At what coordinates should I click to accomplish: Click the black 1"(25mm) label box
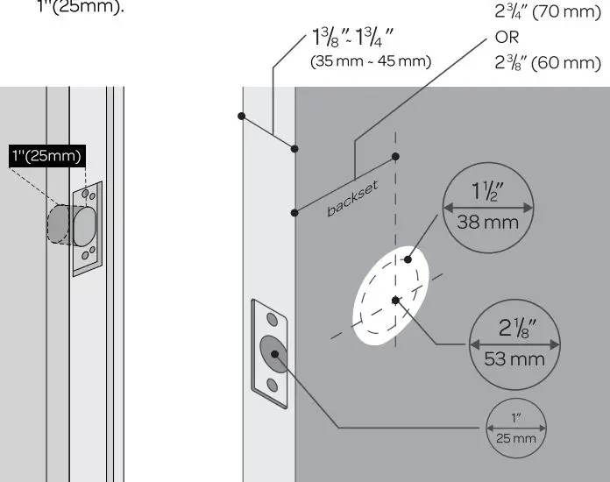[46, 156]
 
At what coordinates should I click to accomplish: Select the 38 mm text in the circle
[487, 223]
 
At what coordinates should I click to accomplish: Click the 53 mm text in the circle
[515, 359]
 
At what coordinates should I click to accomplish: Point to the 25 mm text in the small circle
[516, 436]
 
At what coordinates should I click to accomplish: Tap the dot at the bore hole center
[396, 300]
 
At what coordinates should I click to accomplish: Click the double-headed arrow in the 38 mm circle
[487, 208]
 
